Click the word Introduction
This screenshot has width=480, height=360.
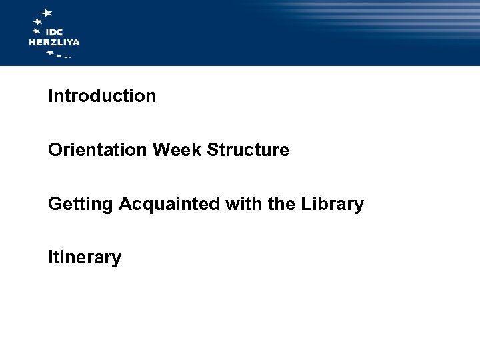pyautogui.click(x=102, y=96)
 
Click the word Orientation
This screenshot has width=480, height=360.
pyautogui.click(x=98, y=150)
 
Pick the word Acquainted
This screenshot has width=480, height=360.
pyautogui.click(x=169, y=205)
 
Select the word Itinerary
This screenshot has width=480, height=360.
pyautogui.click(x=85, y=257)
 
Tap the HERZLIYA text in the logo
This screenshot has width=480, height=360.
pyautogui.click(x=54, y=42)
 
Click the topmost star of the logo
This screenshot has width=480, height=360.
pyautogui.click(x=47, y=13)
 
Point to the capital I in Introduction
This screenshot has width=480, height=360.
pyautogui.click(x=50, y=96)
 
